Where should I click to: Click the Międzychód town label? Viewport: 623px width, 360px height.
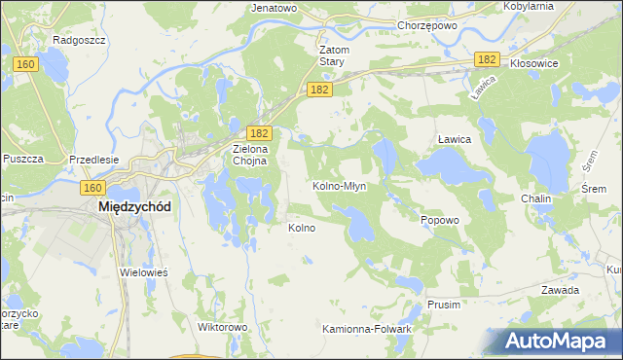[134, 207]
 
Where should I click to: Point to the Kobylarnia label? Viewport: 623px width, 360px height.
[529, 6]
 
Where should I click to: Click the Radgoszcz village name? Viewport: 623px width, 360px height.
[80, 40]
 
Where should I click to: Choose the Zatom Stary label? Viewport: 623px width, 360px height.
[334, 55]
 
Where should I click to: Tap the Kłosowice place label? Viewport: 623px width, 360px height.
[534, 62]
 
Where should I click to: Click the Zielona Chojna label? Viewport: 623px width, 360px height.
[249, 156]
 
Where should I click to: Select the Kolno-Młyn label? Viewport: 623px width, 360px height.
[339, 185]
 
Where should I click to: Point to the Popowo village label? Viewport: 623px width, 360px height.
[439, 220]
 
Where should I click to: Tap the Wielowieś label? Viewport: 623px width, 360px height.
[144, 272]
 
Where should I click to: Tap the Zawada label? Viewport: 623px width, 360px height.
[560, 290]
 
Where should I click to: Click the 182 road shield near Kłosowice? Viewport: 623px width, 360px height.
[488, 59]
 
